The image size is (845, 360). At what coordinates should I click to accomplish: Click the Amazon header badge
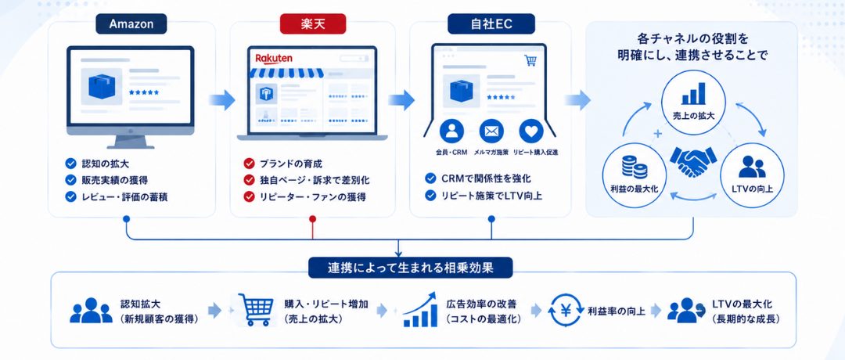[131, 23]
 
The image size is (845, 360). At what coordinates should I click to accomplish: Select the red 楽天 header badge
[312, 23]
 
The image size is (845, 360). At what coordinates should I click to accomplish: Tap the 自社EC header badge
[491, 23]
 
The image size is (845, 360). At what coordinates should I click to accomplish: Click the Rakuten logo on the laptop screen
[274, 58]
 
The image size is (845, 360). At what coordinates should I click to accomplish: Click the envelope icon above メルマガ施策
[491, 131]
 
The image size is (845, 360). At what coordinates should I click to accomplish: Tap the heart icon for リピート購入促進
[531, 131]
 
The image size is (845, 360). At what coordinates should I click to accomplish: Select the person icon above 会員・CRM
[451, 131]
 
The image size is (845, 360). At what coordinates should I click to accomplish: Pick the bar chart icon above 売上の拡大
[693, 93]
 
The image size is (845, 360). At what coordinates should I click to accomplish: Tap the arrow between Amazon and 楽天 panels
[222, 99]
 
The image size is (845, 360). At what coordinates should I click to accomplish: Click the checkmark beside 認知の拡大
[70, 164]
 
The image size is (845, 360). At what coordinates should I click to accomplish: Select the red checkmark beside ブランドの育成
[249, 164]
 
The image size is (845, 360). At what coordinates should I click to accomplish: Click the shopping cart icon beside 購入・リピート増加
[253, 309]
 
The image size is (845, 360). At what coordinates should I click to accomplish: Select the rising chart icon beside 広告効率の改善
[420, 310]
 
